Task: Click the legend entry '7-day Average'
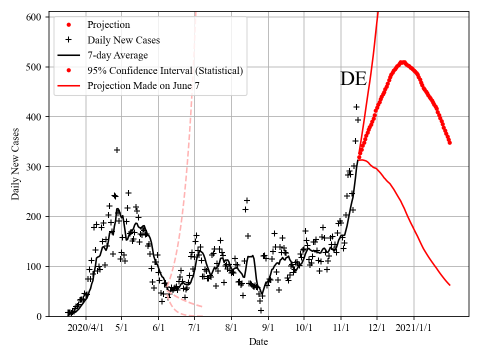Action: coord(117,55)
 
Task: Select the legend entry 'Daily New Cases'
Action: coord(123,40)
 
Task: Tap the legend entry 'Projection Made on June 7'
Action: coord(143,86)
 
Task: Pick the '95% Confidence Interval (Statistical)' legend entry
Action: coord(165,70)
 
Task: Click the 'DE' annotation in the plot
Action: coord(353,79)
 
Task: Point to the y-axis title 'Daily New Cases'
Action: coord(15,163)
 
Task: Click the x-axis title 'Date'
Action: coord(258,342)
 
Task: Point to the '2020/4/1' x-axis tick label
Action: coord(86,328)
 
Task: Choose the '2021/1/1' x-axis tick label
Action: coord(414,328)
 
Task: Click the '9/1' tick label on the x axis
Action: coord(268,328)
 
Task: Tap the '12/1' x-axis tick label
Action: coord(377,328)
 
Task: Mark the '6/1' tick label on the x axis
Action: coord(158,328)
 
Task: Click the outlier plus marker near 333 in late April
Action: coord(117,150)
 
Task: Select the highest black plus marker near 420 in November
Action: coord(356,107)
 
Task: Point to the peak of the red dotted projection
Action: coord(402,62)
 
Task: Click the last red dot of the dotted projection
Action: coord(449,142)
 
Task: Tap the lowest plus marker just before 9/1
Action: coord(261,310)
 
